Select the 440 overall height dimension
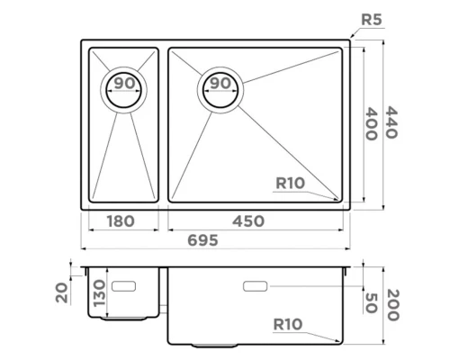pos(391,121)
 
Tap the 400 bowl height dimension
pos(369,121)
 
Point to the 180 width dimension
pos(120,222)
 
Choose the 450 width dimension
pos(251,222)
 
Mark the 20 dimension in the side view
pos(60,292)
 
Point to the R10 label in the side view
pos(290,325)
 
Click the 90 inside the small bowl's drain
pos(125,84)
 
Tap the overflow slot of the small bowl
pos(123,285)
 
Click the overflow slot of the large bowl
pos(256,286)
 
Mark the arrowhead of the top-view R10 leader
pos(339,199)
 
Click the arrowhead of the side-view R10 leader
pos(338,341)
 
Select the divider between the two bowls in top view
pos(163,124)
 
